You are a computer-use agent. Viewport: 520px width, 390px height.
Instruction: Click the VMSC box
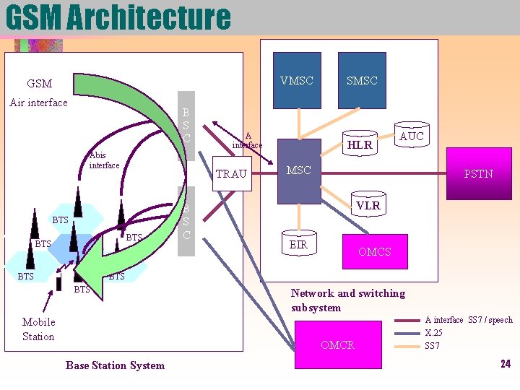tap(297, 81)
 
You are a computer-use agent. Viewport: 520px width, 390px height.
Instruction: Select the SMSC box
tap(362, 81)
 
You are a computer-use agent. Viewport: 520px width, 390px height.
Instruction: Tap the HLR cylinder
tap(360, 144)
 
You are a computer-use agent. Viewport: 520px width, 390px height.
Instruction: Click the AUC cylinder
tap(412, 136)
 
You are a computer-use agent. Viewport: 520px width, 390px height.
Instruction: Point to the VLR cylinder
tap(368, 206)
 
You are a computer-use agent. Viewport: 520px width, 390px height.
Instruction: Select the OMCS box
tap(374, 251)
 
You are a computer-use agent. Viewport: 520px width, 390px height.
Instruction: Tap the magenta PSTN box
tap(478, 173)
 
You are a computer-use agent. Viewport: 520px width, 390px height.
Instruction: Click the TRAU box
tap(231, 174)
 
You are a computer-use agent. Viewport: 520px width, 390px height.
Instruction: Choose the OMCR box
tap(337, 345)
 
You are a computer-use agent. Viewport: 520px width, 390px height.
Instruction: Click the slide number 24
tap(505, 364)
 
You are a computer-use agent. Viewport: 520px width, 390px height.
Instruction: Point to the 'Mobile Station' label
tap(38, 329)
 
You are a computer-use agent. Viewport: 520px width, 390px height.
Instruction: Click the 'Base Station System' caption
tap(115, 365)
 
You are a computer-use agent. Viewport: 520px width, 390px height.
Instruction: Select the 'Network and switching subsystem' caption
tap(347, 300)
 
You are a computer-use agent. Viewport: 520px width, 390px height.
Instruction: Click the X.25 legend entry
tap(433, 333)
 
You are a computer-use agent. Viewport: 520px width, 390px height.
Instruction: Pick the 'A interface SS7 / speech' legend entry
tap(468, 320)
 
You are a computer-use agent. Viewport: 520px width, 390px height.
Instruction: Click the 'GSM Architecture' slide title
tap(118, 17)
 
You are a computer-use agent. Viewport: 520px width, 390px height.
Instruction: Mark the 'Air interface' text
tap(38, 103)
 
